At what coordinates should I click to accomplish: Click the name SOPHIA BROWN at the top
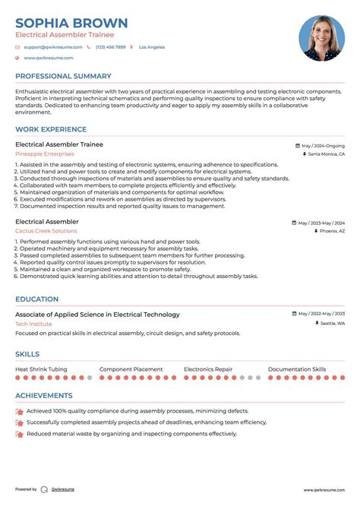[71, 23]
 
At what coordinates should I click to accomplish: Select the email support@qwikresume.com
[49, 47]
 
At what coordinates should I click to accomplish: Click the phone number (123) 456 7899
[111, 47]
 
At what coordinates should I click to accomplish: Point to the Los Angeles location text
[151, 47]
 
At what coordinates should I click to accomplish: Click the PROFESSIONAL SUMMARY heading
[63, 76]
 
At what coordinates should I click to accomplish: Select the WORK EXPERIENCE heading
[50, 130]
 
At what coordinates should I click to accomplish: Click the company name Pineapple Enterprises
[45, 153]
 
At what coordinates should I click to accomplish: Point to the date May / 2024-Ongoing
[323, 145]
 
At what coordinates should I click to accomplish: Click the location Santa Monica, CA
[326, 153]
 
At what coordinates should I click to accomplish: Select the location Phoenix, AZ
[332, 231]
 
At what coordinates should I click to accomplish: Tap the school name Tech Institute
[34, 324]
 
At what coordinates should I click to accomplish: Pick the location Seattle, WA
[332, 324]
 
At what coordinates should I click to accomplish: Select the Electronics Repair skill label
[208, 368]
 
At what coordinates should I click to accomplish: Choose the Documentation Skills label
[297, 368]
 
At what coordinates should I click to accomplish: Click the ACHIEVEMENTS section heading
[44, 395]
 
